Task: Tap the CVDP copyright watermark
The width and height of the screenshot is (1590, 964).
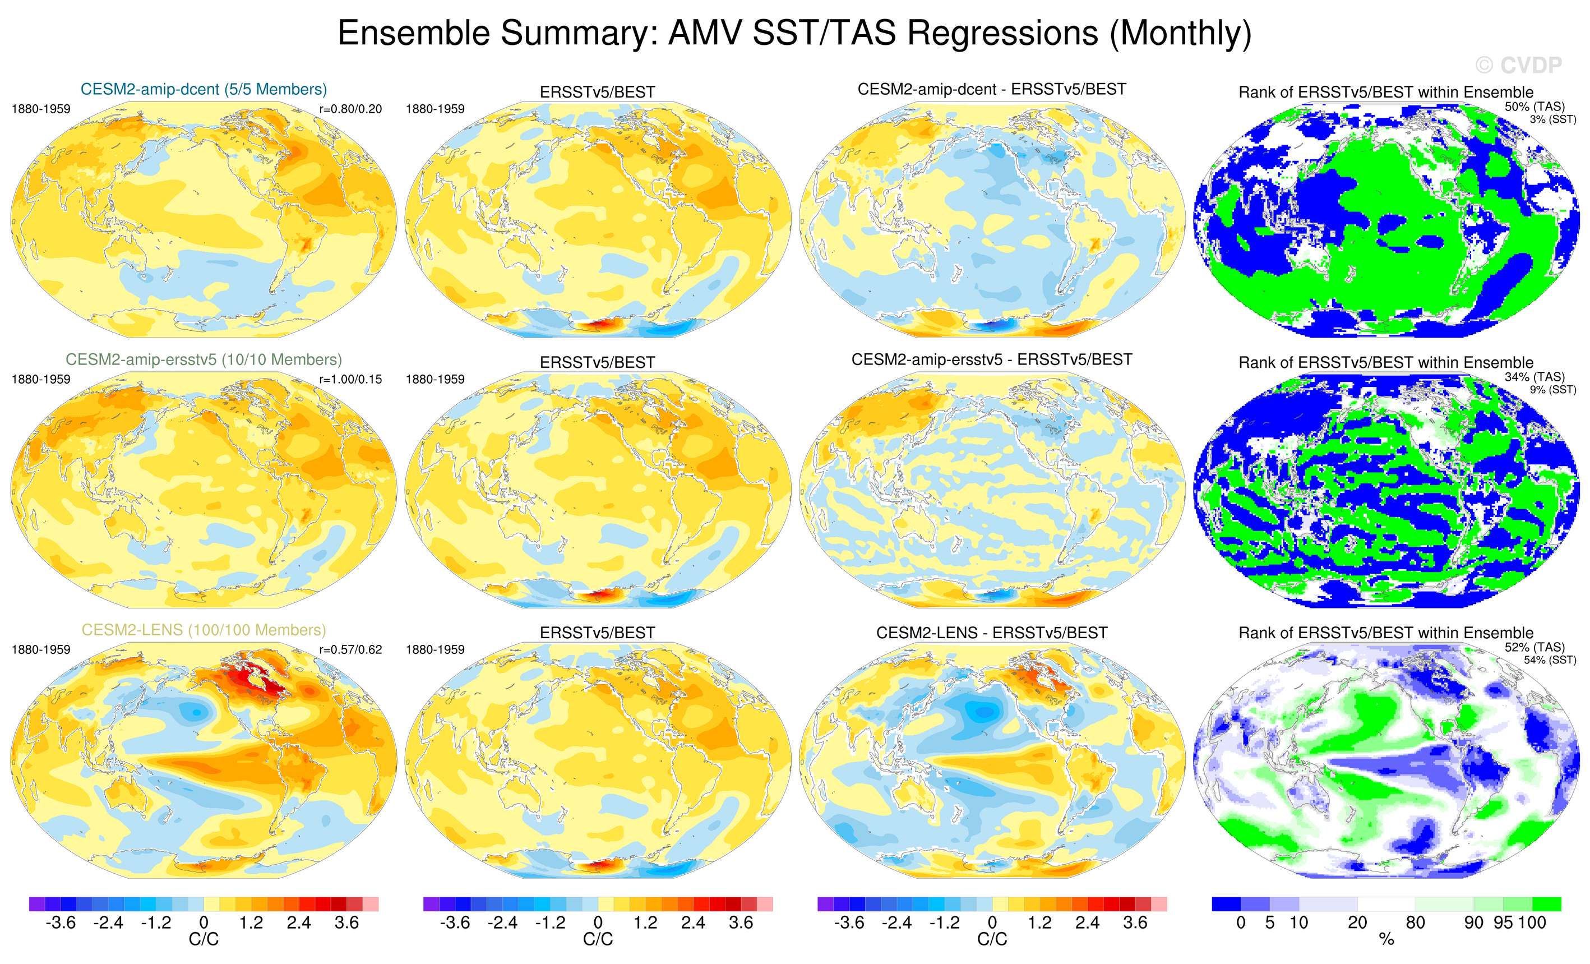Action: (x=1518, y=65)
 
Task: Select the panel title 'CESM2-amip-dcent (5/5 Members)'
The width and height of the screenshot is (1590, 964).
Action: (x=204, y=89)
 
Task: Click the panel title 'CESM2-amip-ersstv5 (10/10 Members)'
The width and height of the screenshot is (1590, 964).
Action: (x=204, y=359)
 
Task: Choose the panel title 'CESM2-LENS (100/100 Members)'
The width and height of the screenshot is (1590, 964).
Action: (x=204, y=630)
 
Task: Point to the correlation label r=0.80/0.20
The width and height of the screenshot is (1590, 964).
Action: (x=350, y=109)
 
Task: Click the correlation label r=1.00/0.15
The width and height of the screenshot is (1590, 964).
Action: (x=350, y=380)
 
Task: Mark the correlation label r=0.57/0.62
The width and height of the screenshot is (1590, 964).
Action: (x=350, y=650)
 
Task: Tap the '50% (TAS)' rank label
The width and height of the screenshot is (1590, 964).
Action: (x=1534, y=107)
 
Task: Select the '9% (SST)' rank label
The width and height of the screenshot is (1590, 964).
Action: (x=1552, y=390)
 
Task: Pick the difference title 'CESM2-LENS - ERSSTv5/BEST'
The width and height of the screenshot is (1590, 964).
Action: (x=992, y=633)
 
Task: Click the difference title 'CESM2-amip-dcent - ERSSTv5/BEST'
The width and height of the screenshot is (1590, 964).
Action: (x=992, y=89)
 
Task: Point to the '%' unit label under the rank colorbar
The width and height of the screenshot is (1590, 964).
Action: (x=1386, y=940)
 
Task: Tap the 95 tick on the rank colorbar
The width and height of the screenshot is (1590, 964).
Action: (x=1504, y=923)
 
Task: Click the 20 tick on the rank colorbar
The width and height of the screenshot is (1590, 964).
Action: (x=1357, y=923)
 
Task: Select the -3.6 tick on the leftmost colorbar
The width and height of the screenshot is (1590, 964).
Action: (x=61, y=923)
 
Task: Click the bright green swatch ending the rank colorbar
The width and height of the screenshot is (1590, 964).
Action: (x=1546, y=904)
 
